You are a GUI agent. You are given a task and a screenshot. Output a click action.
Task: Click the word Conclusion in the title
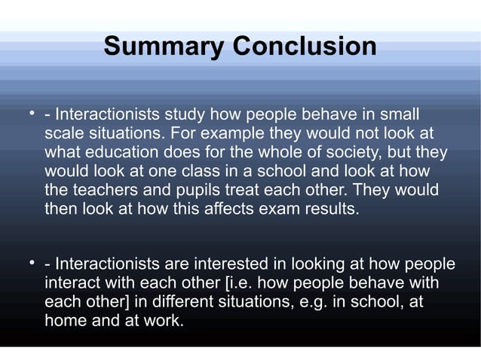[x=305, y=47]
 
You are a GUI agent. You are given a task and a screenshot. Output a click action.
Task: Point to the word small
[x=399, y=116]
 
